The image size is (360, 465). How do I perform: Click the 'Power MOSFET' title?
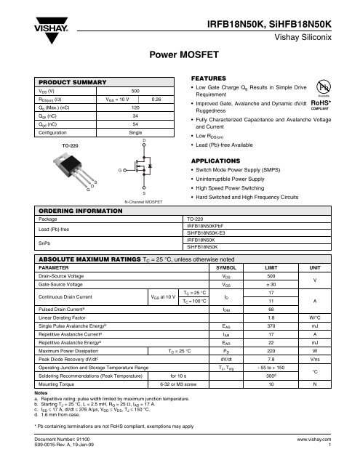point(180,54)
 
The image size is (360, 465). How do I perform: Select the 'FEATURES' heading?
point(207,76)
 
